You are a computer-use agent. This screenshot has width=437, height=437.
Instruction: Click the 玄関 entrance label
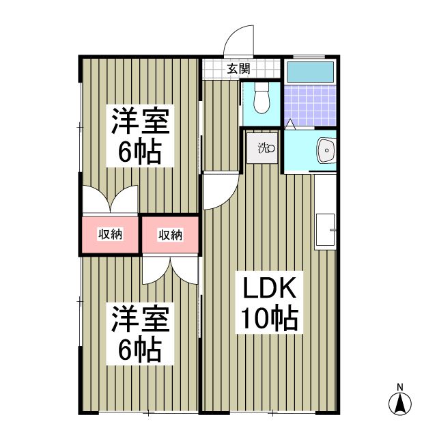(x=238, y=68)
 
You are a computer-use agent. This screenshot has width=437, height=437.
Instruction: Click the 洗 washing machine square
(x=263, y=147)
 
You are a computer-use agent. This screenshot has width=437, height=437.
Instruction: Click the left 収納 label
(x=110, y=234)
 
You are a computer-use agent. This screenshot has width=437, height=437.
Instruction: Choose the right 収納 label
(x=170, y=234)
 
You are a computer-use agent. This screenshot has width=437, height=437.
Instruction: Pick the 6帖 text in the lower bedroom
(x=139, y=350)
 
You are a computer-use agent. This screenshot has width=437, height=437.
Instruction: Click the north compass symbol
(x=401, y=404)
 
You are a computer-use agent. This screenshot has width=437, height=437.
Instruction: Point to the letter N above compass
(x=401, y=386)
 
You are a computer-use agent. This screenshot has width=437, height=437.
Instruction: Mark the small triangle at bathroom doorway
(x=290, y=124)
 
